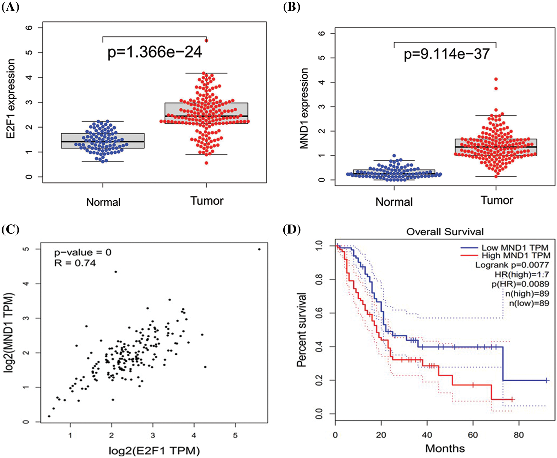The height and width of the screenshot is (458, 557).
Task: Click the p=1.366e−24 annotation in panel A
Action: click(x=155, y=52)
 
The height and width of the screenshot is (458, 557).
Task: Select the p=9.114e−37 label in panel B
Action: click(x=447, y=54)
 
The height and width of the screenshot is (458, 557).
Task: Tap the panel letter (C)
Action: click(x=10, y=229)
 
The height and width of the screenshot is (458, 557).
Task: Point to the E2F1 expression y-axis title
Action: click(x=11, y=99)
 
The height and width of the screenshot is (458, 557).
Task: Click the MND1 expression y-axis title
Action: click(x=304, y=108)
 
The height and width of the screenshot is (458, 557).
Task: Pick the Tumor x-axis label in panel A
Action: click(x=207, y=201)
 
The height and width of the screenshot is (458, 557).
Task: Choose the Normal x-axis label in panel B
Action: click(x=394, y=202)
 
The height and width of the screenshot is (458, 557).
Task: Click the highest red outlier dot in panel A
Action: click(x=206, y=41)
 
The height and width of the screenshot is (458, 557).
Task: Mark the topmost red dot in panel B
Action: click(x=496, y=79)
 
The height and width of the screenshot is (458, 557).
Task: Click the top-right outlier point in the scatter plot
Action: click(x=259, y=249)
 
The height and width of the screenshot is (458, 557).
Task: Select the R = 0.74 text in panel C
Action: click(x=75, y=263)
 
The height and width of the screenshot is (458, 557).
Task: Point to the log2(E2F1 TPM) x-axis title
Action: click(x=154, y=451)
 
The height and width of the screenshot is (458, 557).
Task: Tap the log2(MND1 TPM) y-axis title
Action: click(x=10, y=332)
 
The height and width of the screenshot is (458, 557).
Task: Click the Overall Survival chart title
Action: click(x=445, y=232)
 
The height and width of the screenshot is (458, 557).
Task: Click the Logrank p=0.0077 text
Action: click(x=512, y=265)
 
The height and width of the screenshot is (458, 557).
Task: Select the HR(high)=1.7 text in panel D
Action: click(x=522, y=274)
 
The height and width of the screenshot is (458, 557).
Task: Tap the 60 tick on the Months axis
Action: click(x=473, y=435)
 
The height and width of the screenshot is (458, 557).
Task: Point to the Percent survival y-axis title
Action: click(x=301, y=330)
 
